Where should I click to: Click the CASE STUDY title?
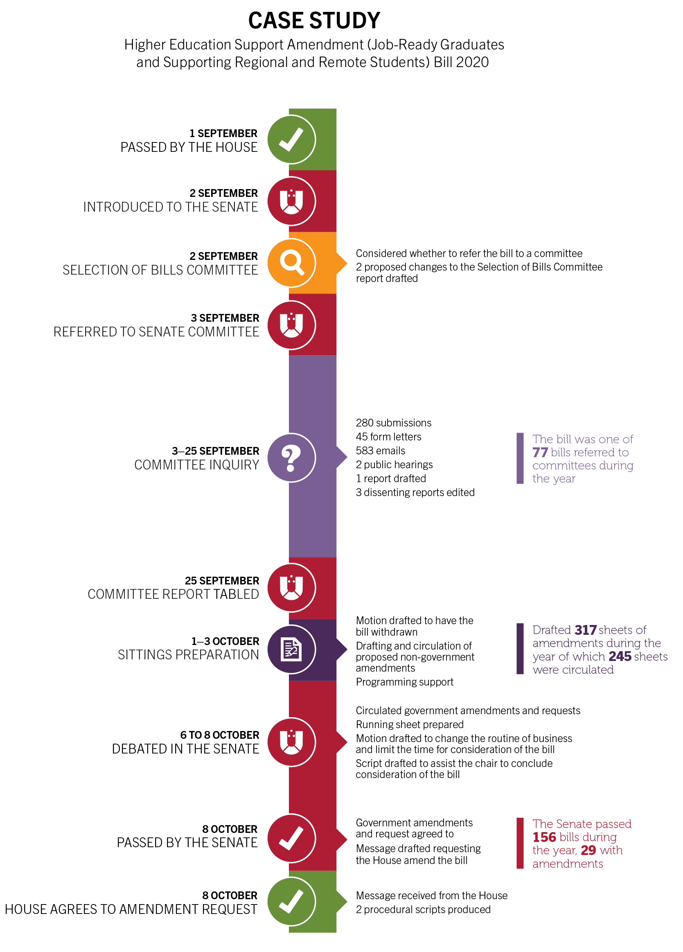(314, 20)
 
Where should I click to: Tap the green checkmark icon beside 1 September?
(291, 139)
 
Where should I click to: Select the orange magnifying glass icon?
(291, 263)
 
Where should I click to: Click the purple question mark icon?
(291, 458)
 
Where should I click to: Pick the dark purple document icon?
(291, 650)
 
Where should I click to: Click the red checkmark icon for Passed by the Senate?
(291, 838)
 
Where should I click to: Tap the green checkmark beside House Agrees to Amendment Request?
(291, 902)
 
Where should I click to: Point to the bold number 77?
(540, 453)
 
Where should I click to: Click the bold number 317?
(585, 630)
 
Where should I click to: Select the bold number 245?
(620, 656)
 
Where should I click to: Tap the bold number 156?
(544, 837)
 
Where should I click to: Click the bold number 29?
(588, 850)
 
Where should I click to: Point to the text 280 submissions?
(393, 423)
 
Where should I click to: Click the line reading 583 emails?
(380, 451)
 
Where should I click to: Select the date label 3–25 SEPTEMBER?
(215, 451)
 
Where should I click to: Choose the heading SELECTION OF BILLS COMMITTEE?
(160, 270)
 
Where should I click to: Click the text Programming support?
(404, 682)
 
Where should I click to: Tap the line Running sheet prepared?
(409, 724)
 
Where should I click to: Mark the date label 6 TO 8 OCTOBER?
(220, 735)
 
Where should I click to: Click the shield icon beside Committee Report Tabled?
(291, 587)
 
